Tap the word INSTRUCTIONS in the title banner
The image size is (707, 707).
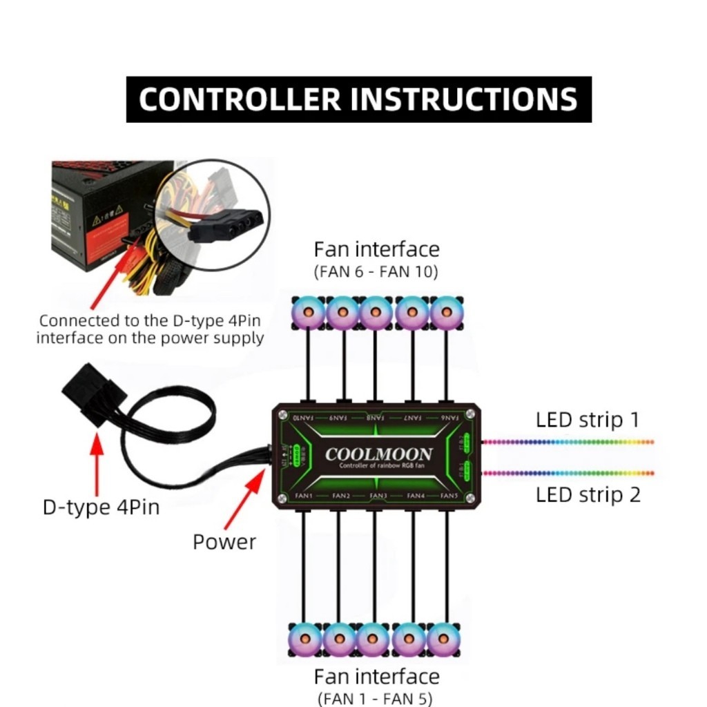[x=463, y=99]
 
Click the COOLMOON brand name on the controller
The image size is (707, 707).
[x=378, y=454]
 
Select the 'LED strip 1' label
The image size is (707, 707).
[x=588, y=420]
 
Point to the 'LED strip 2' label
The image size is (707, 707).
[x=588, y=495]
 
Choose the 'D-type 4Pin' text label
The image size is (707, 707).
[x=101, y=507]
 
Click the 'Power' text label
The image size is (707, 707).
[x=224, y=542]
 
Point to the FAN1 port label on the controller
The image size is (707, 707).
[x=304, y=496]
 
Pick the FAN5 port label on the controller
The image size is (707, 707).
[x=449, y=496]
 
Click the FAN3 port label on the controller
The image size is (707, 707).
[x=377, y=496]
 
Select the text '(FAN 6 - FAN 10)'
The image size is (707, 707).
[x=376, y=272]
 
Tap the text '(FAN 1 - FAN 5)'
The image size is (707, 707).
[x=376, y=699]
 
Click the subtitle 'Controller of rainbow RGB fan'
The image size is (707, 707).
[x=378, y=466]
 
